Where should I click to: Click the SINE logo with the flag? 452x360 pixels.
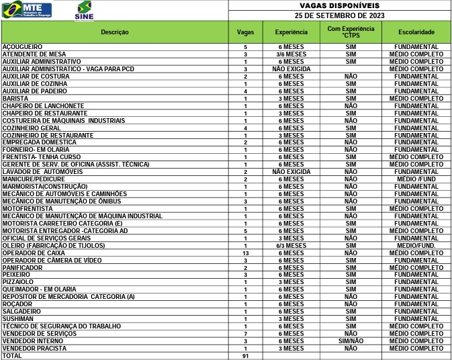coord(84,11)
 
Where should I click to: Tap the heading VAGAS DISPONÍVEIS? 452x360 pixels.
coord(339,5)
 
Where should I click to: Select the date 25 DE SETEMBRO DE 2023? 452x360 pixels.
coord(339,15)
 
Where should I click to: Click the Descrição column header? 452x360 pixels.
coord(115,32)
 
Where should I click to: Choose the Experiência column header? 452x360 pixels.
coord(291,32)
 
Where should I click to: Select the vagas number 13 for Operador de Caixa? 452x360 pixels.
coord(246,253)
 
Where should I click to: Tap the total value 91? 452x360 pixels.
coord(246,356)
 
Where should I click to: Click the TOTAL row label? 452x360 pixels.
coord(13,356)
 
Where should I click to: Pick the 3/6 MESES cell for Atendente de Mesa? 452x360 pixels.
coord(291,54)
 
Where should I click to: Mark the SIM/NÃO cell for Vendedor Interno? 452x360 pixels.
coord(351,341)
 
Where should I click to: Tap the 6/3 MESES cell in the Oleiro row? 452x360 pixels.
coord(291,246)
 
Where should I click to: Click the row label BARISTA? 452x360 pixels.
coord(15,98)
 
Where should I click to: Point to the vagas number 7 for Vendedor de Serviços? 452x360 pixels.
coord(246,334)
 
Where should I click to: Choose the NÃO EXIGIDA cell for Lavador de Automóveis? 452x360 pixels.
coord(291,172)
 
